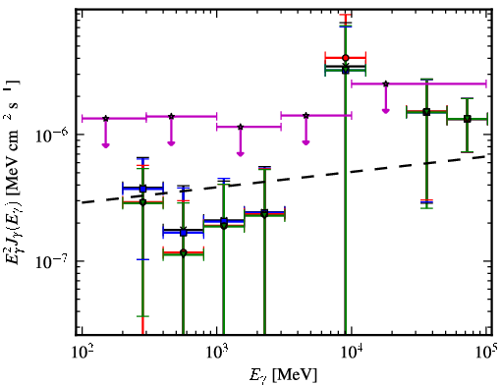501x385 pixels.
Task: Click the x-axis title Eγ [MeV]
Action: pyautogui.click(x=283, y=375)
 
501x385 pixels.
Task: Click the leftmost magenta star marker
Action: pyautogui.click(x=105, y=118)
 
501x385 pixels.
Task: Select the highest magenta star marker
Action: pyautogui.click(x=386, y=83)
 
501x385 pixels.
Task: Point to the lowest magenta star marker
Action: pyautogui.click(x=241, y=127)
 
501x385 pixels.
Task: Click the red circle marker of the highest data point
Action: pyautogui.click(x=345, y=58)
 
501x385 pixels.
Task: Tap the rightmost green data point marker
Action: pyautogui.click(x=468, y=119)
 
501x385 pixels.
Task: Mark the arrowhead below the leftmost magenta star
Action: pyautogui.click(x=105, y=145)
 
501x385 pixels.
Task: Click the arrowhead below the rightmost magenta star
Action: pyautogui.click(x=386, y=111)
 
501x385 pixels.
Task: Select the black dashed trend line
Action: pyautogui.click(x=285, y=179)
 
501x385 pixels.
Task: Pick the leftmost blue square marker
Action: pyautogui.click(x=142, y=189)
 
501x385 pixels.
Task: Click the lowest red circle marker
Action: pyautogui.click(x=184, y=252)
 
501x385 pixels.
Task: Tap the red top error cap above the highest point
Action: pyautogui.click(x=345, y=15)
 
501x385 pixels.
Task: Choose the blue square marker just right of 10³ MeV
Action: pyautogui.click(x=224, y=221)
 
